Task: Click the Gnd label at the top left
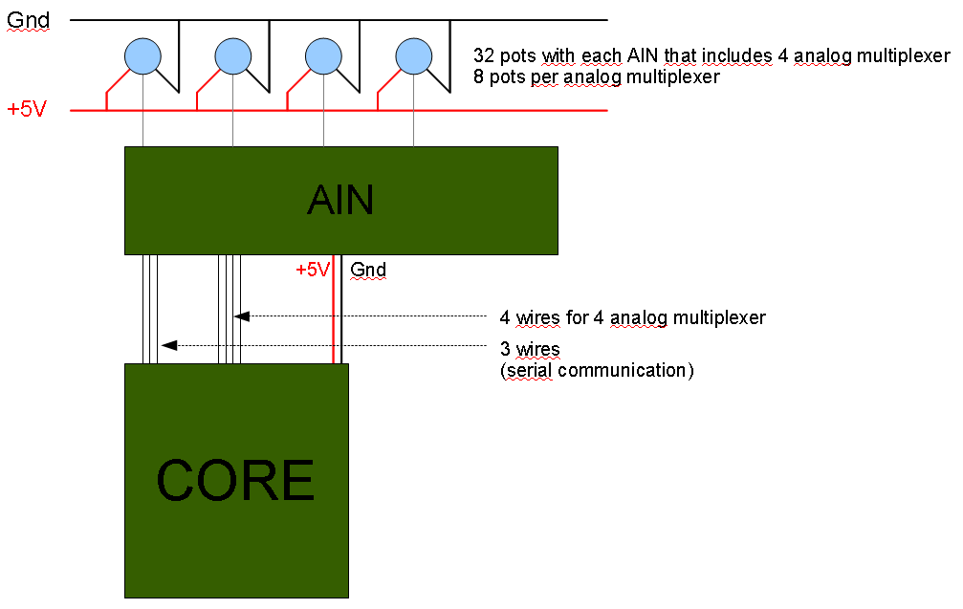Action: (x=28, y=20)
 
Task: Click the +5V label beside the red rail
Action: (x=27, y=109)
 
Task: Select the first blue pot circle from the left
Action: (x=142, y=54)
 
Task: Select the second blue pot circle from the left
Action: (x=232, y=54)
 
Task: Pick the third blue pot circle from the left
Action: (x=323, y=54)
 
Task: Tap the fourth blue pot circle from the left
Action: (x=414, y=54)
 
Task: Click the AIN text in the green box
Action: (x=340, y=200)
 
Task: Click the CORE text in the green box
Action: (x=235, y=480)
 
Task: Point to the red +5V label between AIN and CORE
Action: (x=312, y=270)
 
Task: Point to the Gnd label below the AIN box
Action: (x=368, y=270)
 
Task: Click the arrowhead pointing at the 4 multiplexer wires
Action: (x=242, y=316)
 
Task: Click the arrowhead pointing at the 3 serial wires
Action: (x=168, y=345)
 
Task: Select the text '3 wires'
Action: (x=530, y=348)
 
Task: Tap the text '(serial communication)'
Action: (x=596, y=370)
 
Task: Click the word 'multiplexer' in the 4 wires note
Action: (x=721, y=317)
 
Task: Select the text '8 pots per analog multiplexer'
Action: (x=596, y=77)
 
